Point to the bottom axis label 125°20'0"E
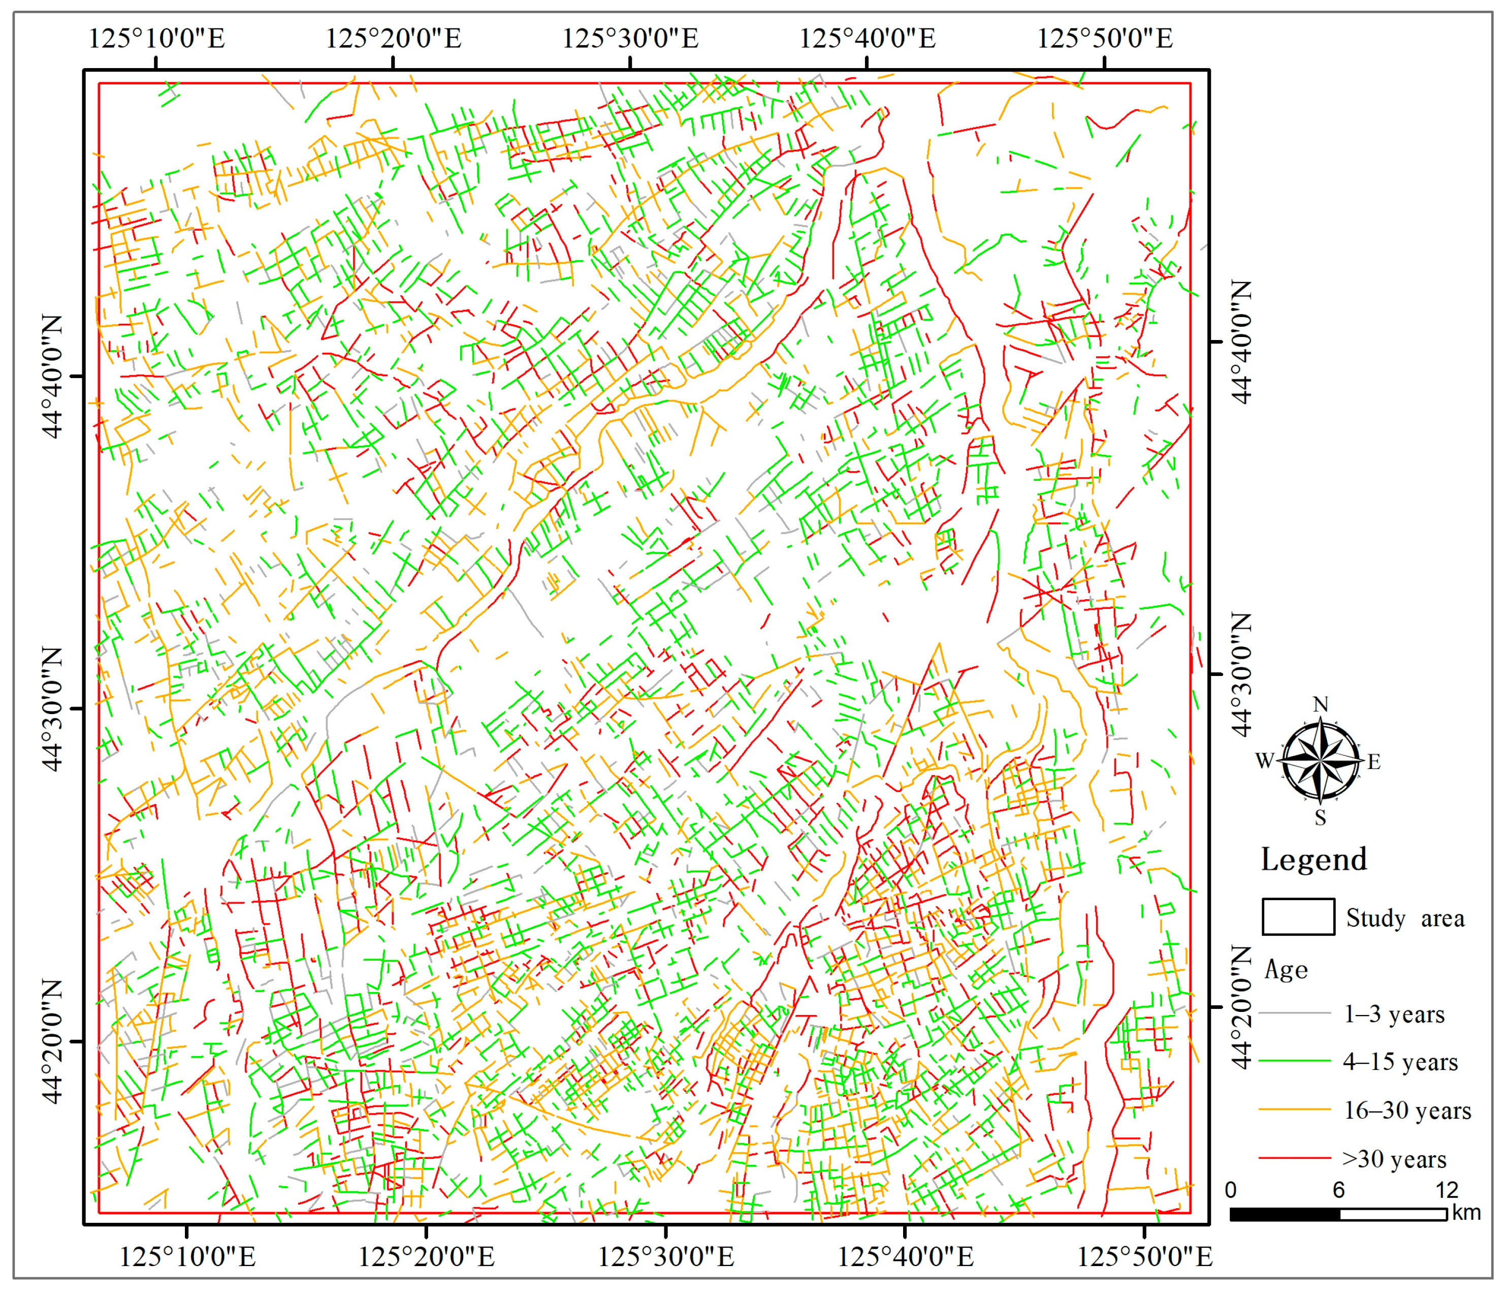[426, 1256]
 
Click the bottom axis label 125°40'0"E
[905, 1256]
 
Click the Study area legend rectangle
[1298, 917]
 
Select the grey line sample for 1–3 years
[1294, 1013]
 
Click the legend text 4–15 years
[1400, 1062]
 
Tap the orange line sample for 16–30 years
[1294, 1110]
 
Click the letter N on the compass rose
[1321, 704]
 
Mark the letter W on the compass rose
[1265, 761]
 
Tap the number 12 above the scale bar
[1447, 1190]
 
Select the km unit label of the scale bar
[1466, 1212]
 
